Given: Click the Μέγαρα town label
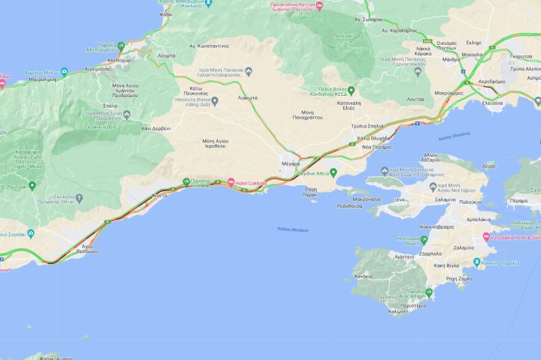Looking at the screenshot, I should pos(290,164).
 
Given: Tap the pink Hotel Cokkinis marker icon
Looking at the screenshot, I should pos(231,182).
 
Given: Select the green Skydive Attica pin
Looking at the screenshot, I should pos(334,173).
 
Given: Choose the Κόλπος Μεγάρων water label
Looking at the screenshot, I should pos(293,229).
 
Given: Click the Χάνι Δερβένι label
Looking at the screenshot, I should pos(156,128).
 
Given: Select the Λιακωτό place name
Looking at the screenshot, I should pos(248,98).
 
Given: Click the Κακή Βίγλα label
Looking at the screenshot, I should pos(447,265).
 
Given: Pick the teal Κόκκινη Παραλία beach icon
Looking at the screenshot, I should pos(476,263).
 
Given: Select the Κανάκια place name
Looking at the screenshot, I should pos(363,276).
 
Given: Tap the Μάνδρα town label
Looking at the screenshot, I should pos(451,60).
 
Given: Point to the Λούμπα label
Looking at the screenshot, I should pos(166,55).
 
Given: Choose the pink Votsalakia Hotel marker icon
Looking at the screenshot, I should pos(486,237).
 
